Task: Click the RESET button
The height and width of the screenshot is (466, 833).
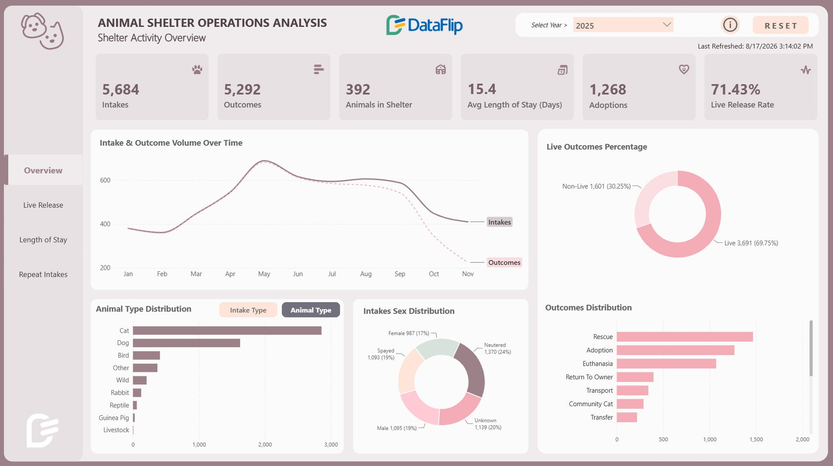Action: pos(781,25)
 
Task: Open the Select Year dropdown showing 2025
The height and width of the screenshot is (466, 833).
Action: pos(623,25)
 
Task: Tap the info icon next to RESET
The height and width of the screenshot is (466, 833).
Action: pos(730,25)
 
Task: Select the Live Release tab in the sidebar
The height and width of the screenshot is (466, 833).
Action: pos(43,205)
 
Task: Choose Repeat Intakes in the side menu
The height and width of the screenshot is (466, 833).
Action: pos(43,274)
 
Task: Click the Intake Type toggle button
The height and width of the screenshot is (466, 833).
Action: pos(248,310)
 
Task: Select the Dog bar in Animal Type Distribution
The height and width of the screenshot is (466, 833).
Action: pos(186,343)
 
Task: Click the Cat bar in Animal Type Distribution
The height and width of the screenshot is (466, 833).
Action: pos(227,330)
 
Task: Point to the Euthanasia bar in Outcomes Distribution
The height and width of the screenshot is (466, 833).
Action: pos(666,364)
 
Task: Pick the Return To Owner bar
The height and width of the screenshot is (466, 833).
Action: pos(635,377)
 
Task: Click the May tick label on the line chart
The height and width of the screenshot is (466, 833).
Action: pos(264,274)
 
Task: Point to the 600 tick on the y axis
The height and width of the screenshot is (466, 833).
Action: pos(105,180)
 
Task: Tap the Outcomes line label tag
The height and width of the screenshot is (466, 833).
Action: pos(504,262)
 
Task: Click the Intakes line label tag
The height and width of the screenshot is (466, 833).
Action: pos(500,222)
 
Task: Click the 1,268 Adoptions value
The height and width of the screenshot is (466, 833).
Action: pos(608,89)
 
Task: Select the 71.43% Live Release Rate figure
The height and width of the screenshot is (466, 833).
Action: pos(735,89)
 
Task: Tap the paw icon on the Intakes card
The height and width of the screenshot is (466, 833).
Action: pos(197,70)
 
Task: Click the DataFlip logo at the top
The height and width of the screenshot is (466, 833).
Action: pos(424,25)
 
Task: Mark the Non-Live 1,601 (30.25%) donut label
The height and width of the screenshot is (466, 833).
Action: pos(597,186)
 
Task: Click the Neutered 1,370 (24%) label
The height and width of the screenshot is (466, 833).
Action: pos(497,348)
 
